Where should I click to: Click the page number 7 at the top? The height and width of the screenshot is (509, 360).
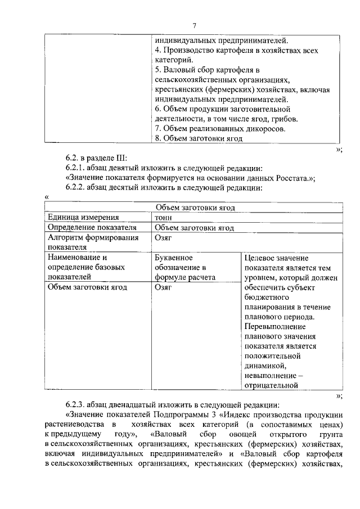(194, 25)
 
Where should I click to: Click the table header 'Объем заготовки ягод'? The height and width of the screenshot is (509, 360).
(194, 208)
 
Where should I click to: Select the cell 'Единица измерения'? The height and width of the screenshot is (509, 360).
(83, 218)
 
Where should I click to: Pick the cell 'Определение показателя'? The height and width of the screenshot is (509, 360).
(92, 228)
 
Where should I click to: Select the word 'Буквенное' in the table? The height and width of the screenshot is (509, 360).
(174, 257)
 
